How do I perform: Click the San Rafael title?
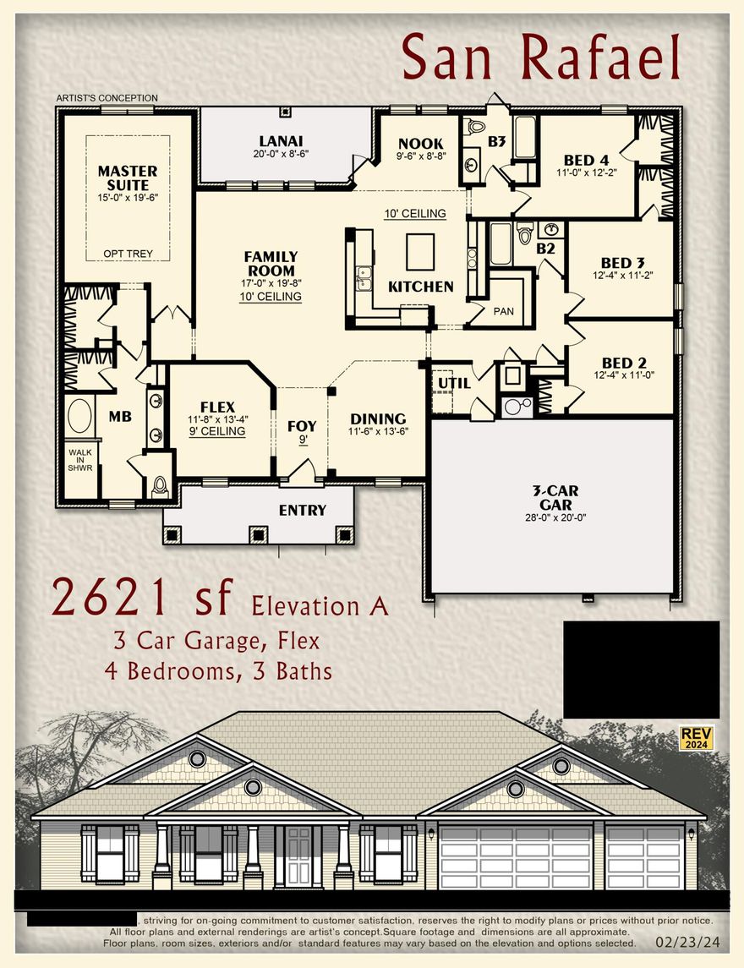coord(541,57)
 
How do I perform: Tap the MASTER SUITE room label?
coord(129,178)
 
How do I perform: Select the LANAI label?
coord(281,141)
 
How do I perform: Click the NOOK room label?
coord(421,144)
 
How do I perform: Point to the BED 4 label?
coord(586,160)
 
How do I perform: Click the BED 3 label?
coord(622,263)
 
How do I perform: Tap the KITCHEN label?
coord(420,287)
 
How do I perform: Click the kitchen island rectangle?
coord(420,251)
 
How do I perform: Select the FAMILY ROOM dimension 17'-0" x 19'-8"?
coord(271,284)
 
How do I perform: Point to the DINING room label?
coord(378,418)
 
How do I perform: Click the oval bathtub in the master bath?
coord(80,417)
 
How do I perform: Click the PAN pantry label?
coord(503,311)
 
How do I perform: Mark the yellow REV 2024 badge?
coord(697,737)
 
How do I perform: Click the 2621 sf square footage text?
coord(142,598)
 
